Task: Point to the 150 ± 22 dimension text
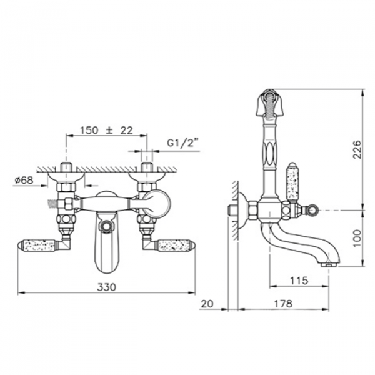tap(107, 130)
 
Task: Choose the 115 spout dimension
tap(299, 281)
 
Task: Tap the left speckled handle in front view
tap(39, 246)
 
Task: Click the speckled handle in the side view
tap(291, 182)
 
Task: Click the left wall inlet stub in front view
tap(66, 171)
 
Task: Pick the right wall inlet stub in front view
tap(147, 171)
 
